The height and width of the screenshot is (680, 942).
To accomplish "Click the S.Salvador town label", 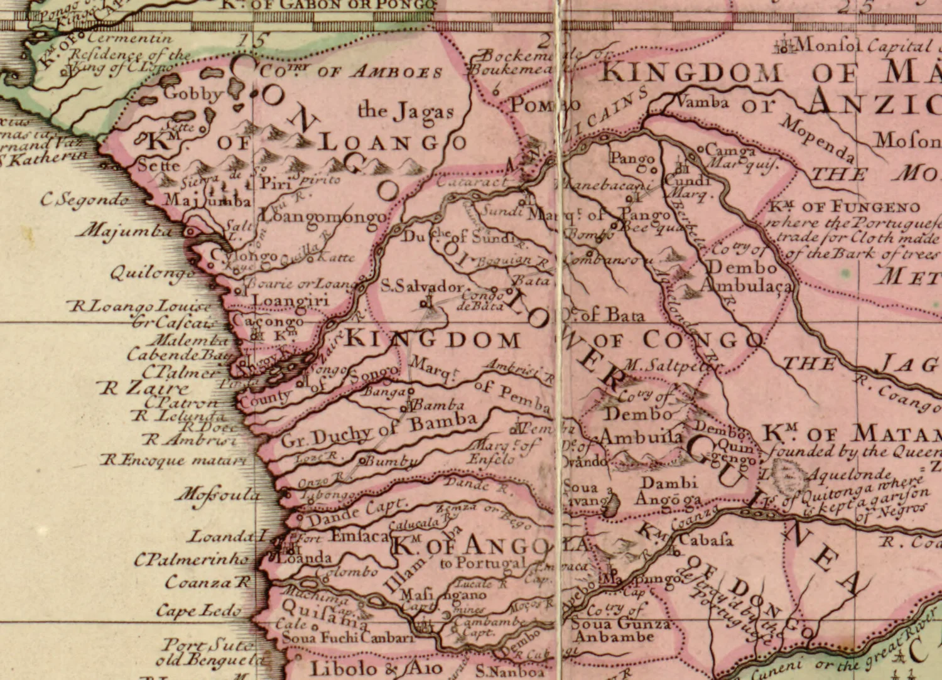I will [x=422, y=286].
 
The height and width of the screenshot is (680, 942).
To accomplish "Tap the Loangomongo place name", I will [x=323, y=217].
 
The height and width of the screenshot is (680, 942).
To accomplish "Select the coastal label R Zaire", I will [x=144, y=388].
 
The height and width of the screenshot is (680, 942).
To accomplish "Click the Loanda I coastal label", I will [x=229, y=536].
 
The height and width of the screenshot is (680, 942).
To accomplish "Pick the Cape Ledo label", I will [x=198, y=610].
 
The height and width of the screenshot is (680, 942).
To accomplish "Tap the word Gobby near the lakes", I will [x=193, y=94].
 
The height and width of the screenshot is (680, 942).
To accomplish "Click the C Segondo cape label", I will [x=85, y=200].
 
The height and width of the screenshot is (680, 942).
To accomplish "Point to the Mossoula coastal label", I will [x=217, y=494].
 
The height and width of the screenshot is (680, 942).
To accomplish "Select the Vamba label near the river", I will [x=703, y=102].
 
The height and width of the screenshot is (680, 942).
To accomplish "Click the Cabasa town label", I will [x=705, y=539].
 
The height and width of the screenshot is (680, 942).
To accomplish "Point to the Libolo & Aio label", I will [x=376, y=668].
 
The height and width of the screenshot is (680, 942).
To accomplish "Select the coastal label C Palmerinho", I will [x=191, y=559].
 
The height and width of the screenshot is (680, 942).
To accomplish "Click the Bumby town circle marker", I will [x=362, y=461].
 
